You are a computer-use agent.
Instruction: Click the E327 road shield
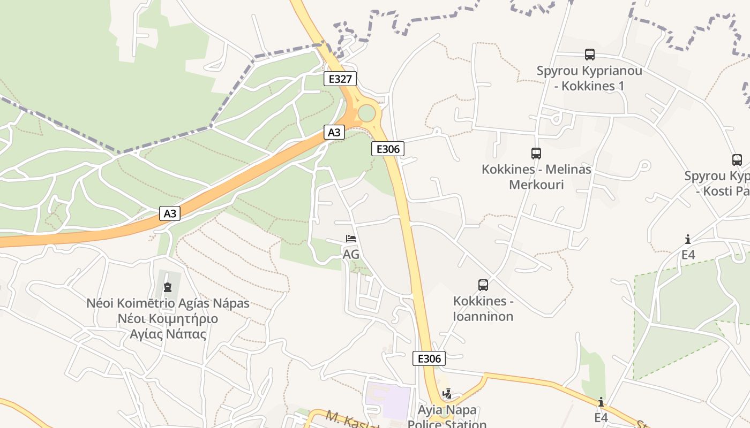click(x=340, y=79)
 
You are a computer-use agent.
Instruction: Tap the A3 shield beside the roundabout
click(x=334, y=132)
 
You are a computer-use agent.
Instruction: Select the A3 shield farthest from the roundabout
click(x=170, y=213)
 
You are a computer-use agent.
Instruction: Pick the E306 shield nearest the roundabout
click(x=388, y=149)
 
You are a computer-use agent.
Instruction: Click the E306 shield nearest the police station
click(x=429, y=358)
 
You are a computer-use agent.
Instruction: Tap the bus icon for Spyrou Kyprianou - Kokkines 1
click(x=590, y=54)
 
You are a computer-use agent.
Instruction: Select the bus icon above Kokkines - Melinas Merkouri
click(x=536, y=154)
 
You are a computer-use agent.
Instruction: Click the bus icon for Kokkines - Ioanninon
click(x=483, y=285)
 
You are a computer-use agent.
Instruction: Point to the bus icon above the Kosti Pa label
click(x=737, y=159)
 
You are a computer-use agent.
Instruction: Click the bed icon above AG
click(x=351, y=239)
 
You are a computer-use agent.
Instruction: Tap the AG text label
click(x=351, y=255)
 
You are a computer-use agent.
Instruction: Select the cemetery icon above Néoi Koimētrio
click(x=168, y=287)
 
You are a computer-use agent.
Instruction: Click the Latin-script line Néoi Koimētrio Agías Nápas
click(x=168, y=303)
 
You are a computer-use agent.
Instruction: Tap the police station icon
click(x=447, y=394)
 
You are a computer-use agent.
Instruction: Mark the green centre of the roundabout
click(x=366, y=113)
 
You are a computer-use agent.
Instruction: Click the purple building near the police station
click(x=388, y=400)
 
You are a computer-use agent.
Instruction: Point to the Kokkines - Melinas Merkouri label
click(x=536, y=177)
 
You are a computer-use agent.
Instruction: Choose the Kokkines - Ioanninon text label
click(x=483, y=309)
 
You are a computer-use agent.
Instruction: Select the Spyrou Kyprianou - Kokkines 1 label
click(x=590, y=78)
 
